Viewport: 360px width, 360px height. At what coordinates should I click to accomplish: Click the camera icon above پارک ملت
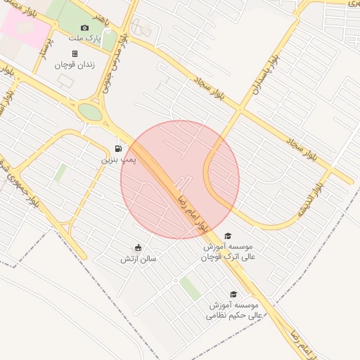click(x=85, y=28)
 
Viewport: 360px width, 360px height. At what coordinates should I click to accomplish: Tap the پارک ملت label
click(x=85, y=39)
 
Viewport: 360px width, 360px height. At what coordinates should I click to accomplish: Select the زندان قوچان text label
click(x=75, y=65)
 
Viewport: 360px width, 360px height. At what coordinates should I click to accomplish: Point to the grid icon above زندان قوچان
click(x=75, y=53)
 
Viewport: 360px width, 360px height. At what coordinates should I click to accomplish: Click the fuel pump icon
click(x=117, y=148)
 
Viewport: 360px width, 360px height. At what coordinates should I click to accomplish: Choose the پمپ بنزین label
click(x=117, y=160)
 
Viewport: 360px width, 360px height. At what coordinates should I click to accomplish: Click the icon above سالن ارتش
click(x=138, y=247)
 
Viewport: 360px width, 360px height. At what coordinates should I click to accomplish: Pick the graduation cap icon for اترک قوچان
click(x=227, y=236)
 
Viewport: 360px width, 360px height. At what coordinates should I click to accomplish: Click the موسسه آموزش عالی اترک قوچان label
click(x=227, y=252)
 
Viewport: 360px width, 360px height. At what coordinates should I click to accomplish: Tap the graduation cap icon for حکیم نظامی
click(x=233, y=295)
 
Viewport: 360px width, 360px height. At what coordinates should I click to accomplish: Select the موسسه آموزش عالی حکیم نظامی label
click(x=233, y=311)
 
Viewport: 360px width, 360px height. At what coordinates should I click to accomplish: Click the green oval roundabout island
click(x=90, y=112)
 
